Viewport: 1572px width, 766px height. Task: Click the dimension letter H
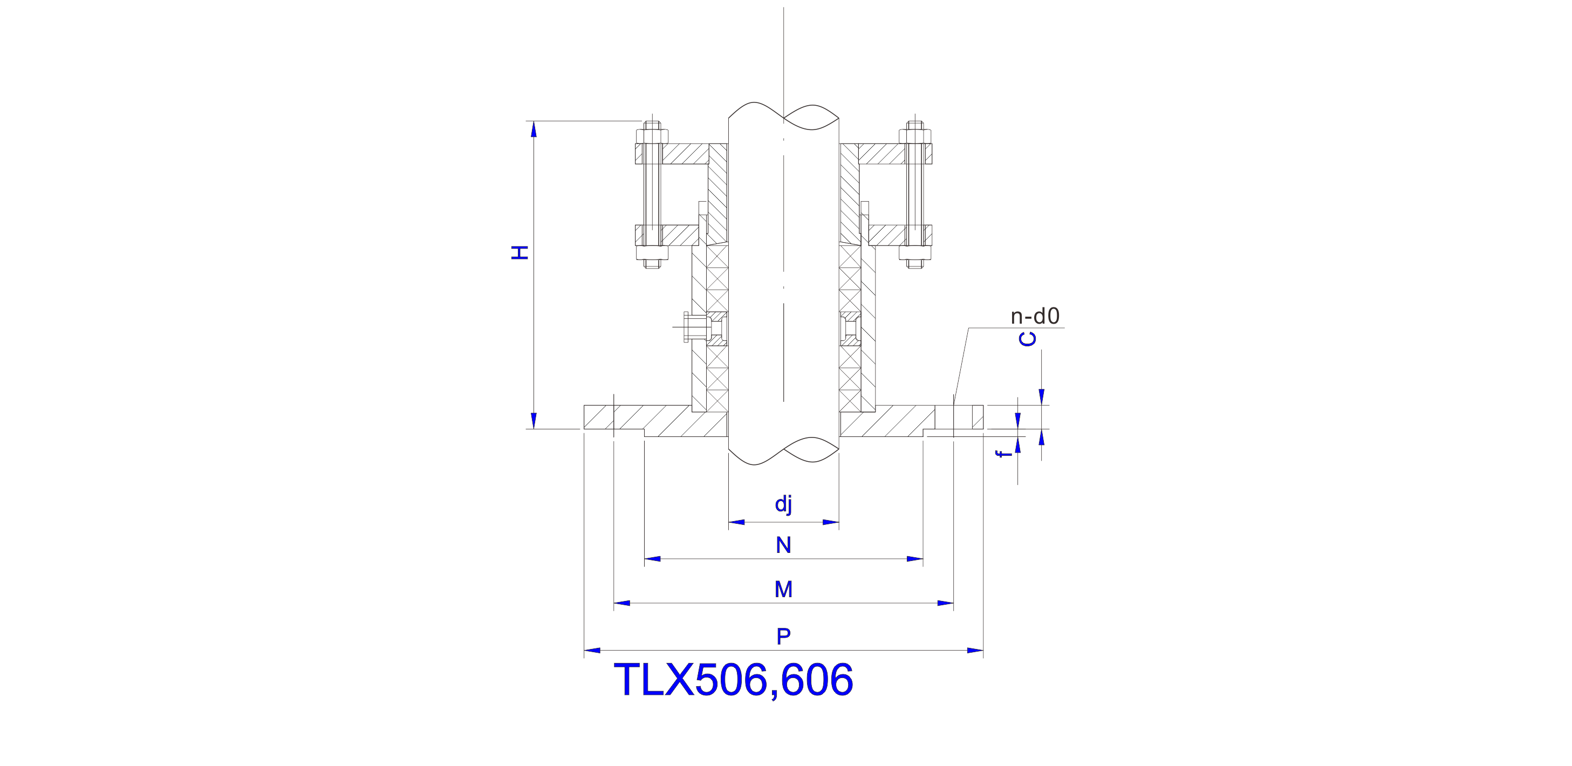click(520, 252)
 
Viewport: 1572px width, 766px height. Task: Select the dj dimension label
click(783, 504)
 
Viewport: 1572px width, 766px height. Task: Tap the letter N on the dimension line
click(783, 545)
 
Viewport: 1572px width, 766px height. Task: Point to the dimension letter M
click(783, 590)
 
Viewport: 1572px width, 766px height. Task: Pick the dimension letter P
click(783, 637)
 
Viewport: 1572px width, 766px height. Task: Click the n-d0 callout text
click(1035, 316)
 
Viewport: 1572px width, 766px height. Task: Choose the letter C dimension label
click(1028, 339)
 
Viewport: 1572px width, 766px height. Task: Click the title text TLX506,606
click(733, 679)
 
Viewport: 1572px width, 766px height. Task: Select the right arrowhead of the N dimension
click(915, 558)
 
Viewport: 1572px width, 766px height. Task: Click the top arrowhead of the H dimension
click(534, 129)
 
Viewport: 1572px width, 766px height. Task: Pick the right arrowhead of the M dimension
click(945, 603)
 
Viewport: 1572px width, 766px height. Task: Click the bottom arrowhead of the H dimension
click(534, 421)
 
